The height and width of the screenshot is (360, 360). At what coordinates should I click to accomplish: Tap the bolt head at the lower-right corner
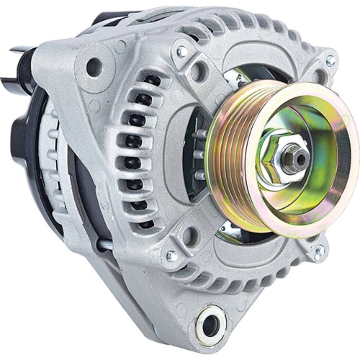click(x=318, y=251)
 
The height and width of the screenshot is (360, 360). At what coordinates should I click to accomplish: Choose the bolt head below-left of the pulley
click(x=172, y=256)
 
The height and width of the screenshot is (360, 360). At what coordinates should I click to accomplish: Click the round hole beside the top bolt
click(x=199, y=71)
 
